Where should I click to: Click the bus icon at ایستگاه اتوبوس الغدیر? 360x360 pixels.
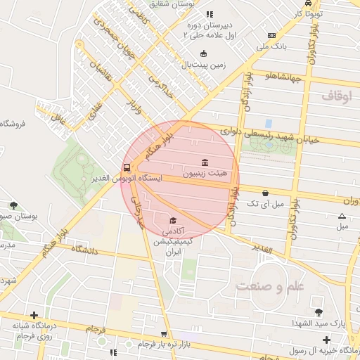127,168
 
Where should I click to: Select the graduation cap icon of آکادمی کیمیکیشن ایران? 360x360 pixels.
172,221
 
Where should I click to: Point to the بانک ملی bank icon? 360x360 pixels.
271,35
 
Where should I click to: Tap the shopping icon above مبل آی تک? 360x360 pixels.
265,193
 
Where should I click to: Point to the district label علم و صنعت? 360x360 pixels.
262,286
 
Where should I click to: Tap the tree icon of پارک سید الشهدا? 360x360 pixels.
319,311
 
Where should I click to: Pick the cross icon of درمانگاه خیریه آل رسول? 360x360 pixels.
326,340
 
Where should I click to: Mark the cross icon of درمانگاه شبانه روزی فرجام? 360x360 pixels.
34,316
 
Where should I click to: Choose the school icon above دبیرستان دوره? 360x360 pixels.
209,14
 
